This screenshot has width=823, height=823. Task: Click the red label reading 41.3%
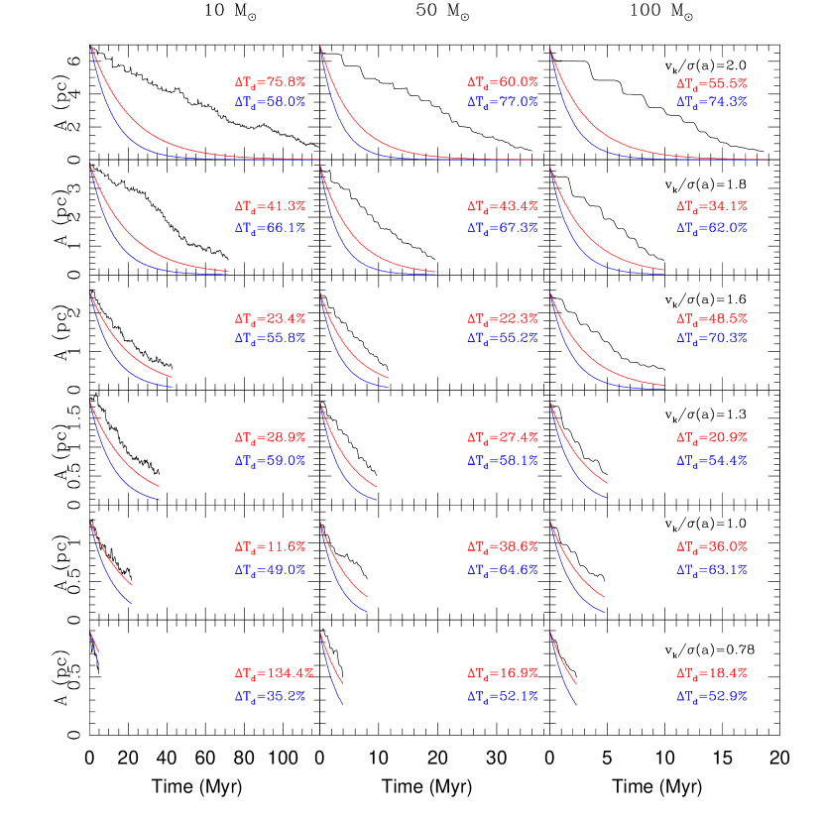[x=270, y=207]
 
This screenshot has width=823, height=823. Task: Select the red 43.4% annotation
[x=503, y=207]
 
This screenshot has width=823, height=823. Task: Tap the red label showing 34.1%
[x=712, y=207]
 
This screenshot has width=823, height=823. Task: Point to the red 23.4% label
[x=270, y=319]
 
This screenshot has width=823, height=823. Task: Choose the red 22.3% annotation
[x=503, y=319]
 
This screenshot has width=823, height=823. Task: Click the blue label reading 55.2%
[x=503, y=338]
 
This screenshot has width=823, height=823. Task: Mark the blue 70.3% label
[x=712, y=338]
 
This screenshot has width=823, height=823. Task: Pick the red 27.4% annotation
[x=503, y=437]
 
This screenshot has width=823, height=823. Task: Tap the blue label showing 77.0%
[x=503, y=102]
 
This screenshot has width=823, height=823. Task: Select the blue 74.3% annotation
[x=712, y=102]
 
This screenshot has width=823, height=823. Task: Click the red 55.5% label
[x=712, y=84]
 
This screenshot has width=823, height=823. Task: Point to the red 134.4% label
[x=274, y=673]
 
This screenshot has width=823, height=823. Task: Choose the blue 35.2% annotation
[x=270, y=697]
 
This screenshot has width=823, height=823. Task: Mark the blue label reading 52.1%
[x=503, y=697]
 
